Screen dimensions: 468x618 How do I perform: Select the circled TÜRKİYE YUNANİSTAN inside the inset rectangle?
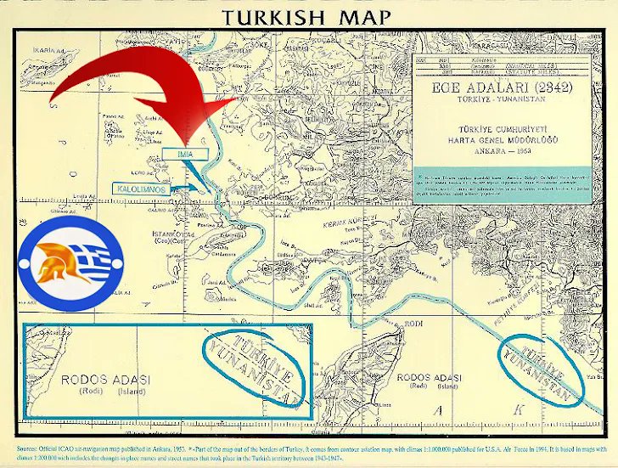coord(254,369)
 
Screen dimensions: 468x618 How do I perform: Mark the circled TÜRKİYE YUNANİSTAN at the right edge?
coord(542,369)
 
